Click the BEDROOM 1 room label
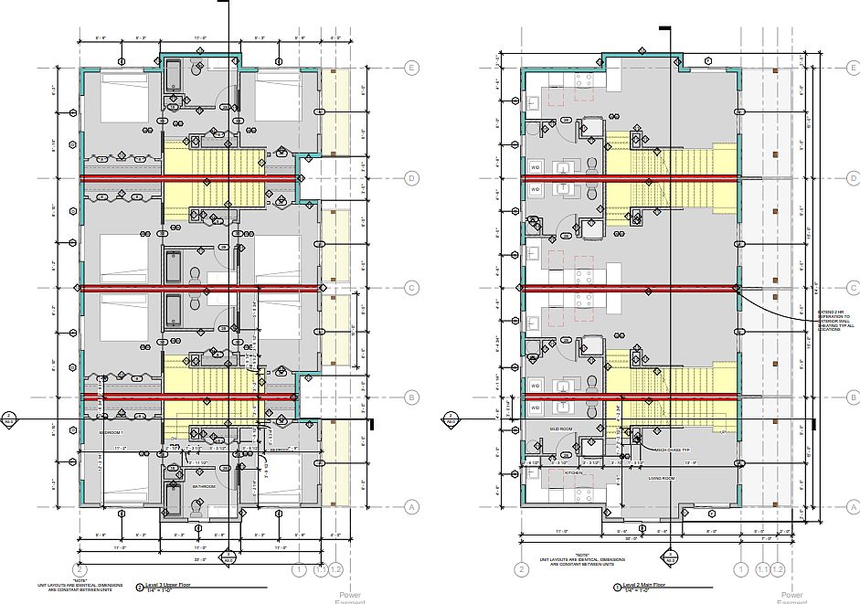coord(111,431)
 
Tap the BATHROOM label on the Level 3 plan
coord(204,487)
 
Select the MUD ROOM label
coord(559,428)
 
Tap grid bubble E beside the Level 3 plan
coord(412,68)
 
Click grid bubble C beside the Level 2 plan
coord(853,288)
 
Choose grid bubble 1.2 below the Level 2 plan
coord(778,569)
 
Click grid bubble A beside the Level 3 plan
coord(412,507)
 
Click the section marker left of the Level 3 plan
coord(10,419)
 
